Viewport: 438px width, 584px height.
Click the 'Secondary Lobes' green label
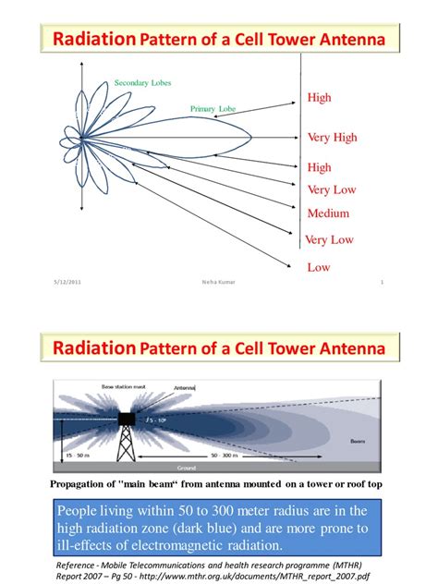[143, 83]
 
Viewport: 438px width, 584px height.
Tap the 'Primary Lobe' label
[213, 109]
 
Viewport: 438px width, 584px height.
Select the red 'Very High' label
[332, 138]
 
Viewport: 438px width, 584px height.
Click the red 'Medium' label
[328, 213]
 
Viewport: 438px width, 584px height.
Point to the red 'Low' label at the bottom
[318, 267]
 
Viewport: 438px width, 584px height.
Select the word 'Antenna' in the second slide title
[355, 349]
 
